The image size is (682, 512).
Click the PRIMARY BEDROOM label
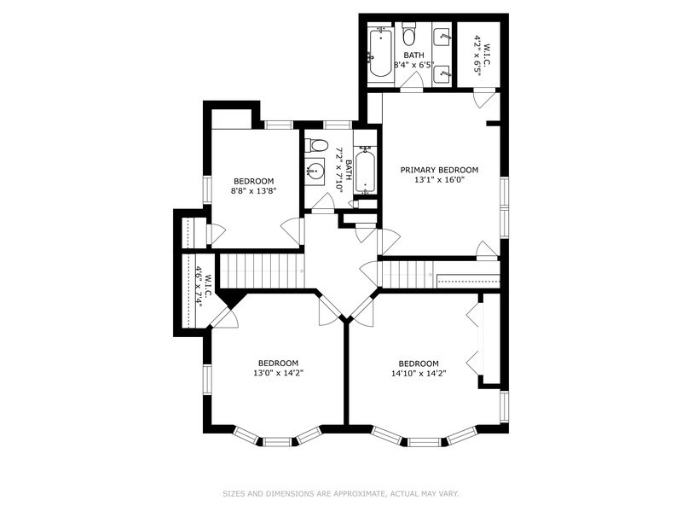pyautogui.click(x=439, y=170)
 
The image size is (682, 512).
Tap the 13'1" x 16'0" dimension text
pyautogui.click(x=439, y=180)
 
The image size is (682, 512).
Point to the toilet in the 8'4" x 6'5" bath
pyautogui.click(x=408, y=36)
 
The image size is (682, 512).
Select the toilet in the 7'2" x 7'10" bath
pyautogui.click(x=316, y=145)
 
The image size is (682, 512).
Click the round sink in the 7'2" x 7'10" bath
pyautogui.click(x=315, y=169)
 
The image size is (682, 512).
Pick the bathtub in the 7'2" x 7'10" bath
pyautogui.click(x=365, y=170)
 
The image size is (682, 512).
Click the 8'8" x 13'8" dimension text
pyautogui.click(x=253, y=191)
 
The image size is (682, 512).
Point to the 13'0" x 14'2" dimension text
pyautogui.click(x=278, y=373)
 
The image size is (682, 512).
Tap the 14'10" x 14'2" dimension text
pyautogui.click(x=419, y=373)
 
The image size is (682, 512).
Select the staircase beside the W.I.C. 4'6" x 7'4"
pyautogui.click(x=262, y=271)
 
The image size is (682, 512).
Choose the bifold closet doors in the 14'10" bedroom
pyautogui.click(x=474, y=341)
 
